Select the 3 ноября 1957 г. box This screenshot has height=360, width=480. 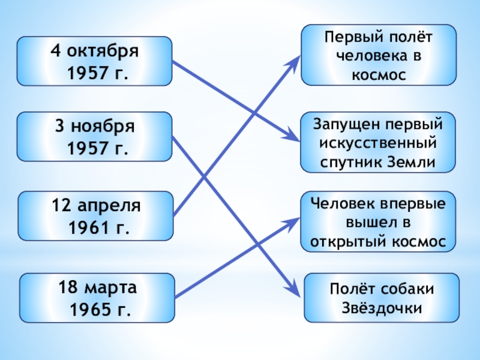coord(94,137)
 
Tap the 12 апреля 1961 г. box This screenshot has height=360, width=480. coord(96,216)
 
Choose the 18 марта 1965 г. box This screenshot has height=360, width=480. coord(98,298)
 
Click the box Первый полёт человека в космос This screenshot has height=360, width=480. coord(378,55)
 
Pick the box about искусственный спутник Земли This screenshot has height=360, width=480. coord(378,142)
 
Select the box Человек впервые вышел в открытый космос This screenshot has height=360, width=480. coord(378,222)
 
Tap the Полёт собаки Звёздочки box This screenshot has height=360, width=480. coord(381,298)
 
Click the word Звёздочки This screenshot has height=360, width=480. coord(382,308)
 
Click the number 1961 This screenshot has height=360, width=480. coord(89,227)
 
